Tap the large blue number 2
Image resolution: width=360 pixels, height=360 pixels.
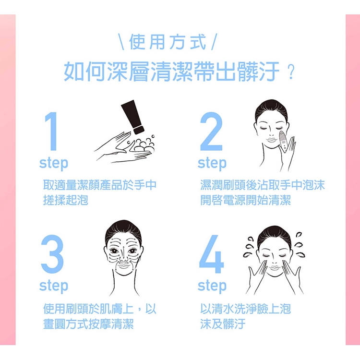point(211,131)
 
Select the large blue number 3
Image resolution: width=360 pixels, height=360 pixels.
point(52,254)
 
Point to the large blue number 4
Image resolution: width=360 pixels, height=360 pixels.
point(212,254)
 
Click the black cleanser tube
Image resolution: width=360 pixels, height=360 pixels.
point(133,117)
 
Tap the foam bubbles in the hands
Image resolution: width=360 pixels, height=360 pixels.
point(143,144)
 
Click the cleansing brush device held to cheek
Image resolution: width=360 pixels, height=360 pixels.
point(283,141)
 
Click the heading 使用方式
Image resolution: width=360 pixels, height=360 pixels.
point(168,42)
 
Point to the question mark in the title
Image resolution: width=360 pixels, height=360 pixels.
point(291,72)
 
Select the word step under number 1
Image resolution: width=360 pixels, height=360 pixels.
point(54,163)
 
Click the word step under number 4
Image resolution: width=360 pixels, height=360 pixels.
point(212,286)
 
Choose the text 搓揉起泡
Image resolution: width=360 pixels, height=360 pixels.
point(66,200)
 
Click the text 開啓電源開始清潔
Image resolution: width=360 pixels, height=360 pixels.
point(245,200)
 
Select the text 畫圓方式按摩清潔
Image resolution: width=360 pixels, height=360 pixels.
point(88,324)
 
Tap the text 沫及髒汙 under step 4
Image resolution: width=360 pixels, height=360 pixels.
point(223,324)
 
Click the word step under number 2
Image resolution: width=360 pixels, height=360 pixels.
point(212,163)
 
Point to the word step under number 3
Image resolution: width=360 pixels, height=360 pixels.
point(54,286)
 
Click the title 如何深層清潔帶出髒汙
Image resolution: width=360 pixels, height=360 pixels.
point(172,72)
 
